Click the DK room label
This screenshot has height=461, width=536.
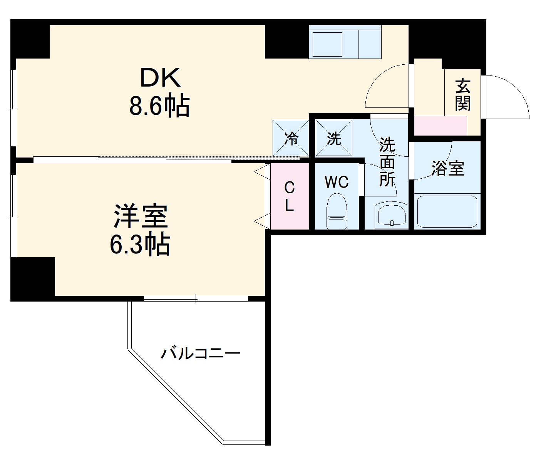160,78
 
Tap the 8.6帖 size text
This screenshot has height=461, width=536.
159,106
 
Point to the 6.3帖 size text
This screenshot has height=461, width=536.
140,245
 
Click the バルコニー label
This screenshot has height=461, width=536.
200,353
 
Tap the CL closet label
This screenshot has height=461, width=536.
290,197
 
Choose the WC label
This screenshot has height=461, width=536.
337,182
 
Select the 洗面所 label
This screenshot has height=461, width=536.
387,162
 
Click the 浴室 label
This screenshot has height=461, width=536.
448,168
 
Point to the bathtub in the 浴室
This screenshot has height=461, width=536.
447,212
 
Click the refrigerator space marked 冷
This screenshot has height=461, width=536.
291,138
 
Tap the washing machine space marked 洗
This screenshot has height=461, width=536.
334,138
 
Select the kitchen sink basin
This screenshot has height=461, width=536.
327,44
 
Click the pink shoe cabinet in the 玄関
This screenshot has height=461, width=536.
440,126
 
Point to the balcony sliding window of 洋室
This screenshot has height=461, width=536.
196,298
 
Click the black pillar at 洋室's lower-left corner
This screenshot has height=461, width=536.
33,278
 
